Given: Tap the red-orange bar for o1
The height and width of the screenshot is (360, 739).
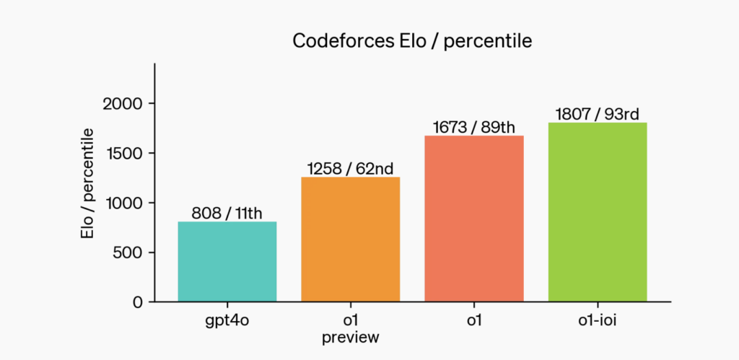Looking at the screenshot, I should click(473, 218).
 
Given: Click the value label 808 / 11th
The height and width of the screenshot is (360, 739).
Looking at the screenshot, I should click(227, 214).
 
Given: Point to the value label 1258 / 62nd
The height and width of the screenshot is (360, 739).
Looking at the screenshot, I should click(350, 169).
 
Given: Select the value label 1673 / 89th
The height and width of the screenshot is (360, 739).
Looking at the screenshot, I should click(473, 128).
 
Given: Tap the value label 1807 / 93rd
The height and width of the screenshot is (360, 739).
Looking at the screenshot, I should click(598, 115).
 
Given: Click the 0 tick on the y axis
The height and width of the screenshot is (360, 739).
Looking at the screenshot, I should click(138, 302).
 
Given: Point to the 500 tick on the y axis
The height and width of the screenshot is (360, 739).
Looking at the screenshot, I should click(128, 253).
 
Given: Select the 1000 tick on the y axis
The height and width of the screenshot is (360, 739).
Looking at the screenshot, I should click(124, 203).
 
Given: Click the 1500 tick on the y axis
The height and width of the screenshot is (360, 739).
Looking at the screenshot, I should click(124, 153).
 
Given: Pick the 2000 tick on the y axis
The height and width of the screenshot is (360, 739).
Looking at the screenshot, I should click(124, 104).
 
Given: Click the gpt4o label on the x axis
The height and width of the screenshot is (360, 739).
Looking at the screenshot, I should click(227, 320).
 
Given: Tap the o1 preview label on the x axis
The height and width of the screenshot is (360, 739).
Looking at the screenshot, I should click(350, 328).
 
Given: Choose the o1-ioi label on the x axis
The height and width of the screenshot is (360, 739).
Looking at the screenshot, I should click(598, 320).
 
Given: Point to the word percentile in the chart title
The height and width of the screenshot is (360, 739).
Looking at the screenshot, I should click(490, 42).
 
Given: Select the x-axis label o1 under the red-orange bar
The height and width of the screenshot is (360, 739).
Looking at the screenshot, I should click(473, 320).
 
